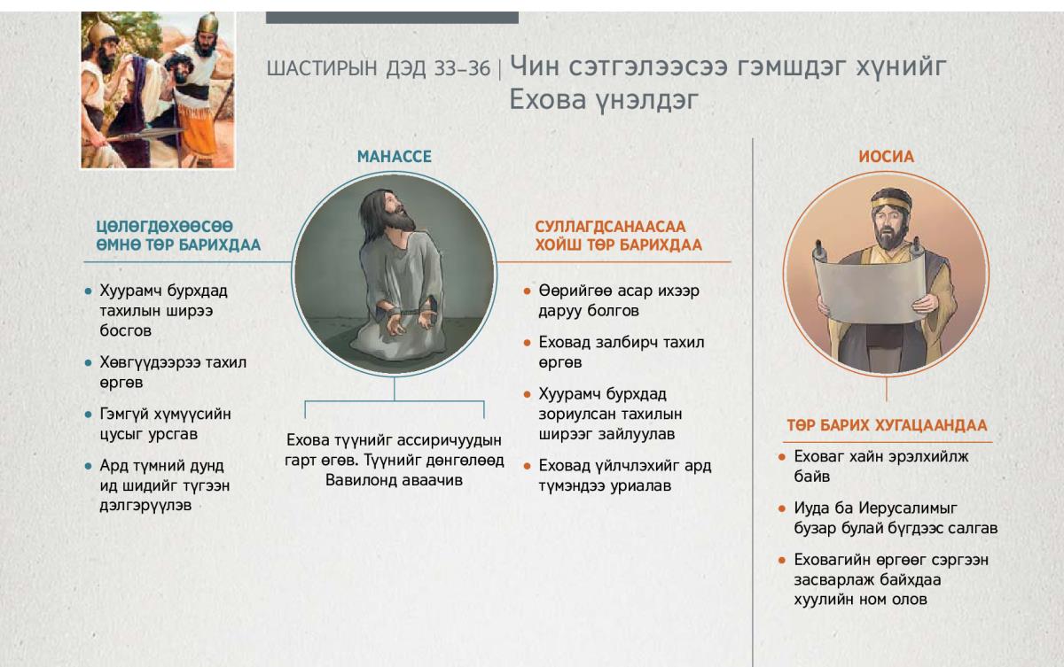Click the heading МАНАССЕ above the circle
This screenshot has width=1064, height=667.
395,157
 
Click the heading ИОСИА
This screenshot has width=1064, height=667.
887,157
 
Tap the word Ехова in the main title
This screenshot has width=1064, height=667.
547,99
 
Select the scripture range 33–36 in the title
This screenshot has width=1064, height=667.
462,69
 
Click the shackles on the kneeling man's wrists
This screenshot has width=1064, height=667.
404,313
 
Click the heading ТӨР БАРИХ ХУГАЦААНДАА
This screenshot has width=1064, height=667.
887,425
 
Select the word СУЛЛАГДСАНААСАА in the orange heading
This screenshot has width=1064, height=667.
610,227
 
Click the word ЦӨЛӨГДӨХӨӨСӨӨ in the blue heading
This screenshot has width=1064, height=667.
164,226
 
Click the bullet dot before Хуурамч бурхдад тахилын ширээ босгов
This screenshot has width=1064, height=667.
88,291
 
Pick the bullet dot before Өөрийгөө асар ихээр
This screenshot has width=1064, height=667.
527,291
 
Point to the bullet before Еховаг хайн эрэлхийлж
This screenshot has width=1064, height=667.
782,457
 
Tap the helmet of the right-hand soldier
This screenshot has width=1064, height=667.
207,24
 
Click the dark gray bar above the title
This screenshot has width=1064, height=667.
392,18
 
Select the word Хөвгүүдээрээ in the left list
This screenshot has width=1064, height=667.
150,363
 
